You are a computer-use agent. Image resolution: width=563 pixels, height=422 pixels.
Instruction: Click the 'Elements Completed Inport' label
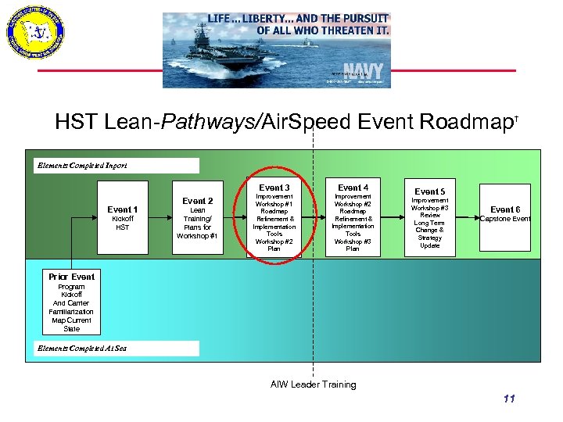pos(82,166)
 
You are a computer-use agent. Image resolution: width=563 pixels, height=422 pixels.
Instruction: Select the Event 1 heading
pos(123,209)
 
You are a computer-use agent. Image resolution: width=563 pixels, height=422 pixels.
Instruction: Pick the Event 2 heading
pos(197,201)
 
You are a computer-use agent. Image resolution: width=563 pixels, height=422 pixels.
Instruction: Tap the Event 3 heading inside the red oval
pos(274,188)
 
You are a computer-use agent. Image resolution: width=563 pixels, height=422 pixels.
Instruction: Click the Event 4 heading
pos(353,188)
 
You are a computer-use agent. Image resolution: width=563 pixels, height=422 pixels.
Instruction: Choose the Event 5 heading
pos(429,191)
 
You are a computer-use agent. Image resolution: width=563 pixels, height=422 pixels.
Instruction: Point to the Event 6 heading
pos(504,209)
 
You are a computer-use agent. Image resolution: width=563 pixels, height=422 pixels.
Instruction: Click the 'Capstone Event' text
pos(504,219)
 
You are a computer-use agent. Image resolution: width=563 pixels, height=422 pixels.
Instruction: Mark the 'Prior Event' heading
pos(71,277)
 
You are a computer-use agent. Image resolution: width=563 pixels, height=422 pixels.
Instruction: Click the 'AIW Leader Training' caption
pos(313,384)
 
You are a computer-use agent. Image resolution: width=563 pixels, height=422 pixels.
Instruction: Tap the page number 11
pos(509,399)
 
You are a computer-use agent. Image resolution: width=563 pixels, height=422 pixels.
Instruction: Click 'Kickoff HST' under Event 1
pos(123,223)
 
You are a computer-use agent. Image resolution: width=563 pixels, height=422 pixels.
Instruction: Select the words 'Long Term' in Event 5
pos(430,223)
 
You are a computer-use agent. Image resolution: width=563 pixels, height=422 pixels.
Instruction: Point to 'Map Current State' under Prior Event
pos(71,324)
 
